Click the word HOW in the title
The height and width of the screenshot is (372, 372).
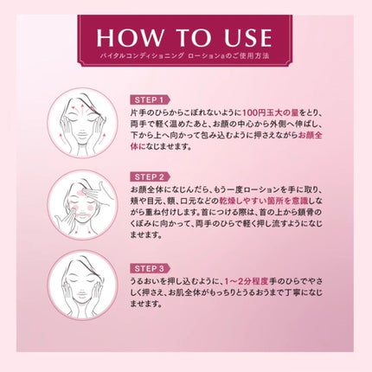(130, 37)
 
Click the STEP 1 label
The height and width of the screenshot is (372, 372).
(150, 100)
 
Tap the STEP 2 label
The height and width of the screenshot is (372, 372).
(150, 176)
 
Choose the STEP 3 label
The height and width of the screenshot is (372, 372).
(150, 269)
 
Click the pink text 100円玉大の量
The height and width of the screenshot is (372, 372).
(271, 112)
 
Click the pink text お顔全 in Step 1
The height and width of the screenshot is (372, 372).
(310, 135)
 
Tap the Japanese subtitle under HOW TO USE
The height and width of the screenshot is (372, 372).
(184, 56)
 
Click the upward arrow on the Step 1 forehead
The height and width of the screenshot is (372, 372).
(82, 110)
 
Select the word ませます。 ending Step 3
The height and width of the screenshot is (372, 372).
(145, 304)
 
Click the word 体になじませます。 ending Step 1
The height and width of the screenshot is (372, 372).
(161, 147)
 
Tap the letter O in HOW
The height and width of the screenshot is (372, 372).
(128, 37)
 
